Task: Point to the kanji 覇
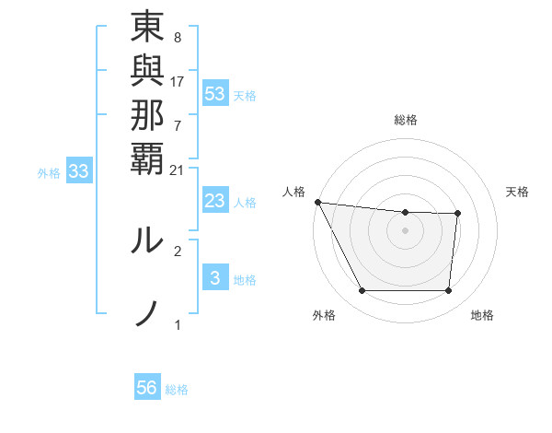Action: [x=147, y=158]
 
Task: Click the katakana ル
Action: [x=147, y=239]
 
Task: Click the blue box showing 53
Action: [x=215, y=93]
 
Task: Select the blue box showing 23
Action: [x=215, y=201]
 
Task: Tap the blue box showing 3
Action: [x=215, y=278]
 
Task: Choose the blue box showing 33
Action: [x=79, y=170]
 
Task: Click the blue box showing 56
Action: [x=147, y=388]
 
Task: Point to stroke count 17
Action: [x=178, y=81]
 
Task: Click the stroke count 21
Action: [x=178, y=170]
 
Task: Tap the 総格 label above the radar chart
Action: [x=406, y=120]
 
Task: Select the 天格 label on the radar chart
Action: [x=517, y=192]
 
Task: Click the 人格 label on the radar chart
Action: [x=293, y=192]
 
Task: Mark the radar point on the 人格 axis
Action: [x=317, y=202]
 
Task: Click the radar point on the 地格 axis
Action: [x=448, y=291]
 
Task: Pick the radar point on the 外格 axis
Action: [x=362, y=291]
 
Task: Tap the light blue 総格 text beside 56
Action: [x=177, y=390]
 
